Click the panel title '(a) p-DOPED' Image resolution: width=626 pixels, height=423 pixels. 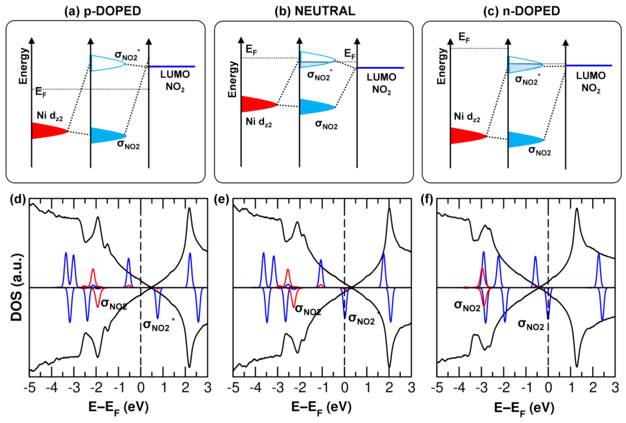(x=103, y=11)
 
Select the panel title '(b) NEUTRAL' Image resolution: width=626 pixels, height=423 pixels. (x=315, y=11)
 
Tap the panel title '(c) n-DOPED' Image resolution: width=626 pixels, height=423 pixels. (x=522, y=11)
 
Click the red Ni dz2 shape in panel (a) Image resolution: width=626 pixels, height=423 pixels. (x=46, y=131)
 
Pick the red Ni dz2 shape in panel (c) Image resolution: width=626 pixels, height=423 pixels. (x=464, y=136)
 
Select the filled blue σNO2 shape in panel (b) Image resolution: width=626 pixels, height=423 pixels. (x=314, y=107)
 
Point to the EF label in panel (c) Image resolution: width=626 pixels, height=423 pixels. (x=464, y=38)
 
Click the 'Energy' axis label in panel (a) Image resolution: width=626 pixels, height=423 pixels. (x=23, y=66)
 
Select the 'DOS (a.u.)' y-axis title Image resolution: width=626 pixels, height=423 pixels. (x=17, y=287)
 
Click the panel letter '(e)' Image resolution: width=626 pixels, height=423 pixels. (x=221, y=200)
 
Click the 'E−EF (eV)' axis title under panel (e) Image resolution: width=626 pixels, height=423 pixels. (x=321, y=408)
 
